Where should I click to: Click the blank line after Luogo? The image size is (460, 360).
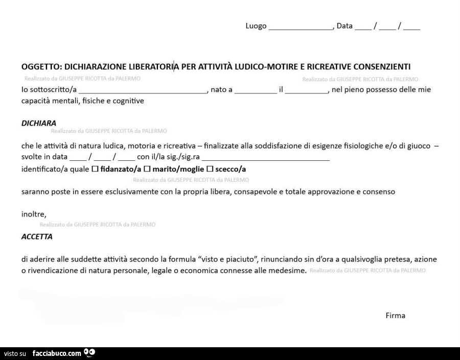click(x=301, y=27)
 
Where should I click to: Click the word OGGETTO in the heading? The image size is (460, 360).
click(x=41, y=66)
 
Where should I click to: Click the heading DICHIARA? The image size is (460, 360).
click(x=39, y=123)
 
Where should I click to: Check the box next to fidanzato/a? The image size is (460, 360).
click(x=94, y=169)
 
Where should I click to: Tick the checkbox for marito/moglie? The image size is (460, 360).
click(x=147, y=169)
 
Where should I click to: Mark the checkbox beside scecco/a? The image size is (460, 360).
click(x=209, y=169)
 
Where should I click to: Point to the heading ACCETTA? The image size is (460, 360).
click(x=37, y=236)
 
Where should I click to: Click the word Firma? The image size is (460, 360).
click(x=395, y=316)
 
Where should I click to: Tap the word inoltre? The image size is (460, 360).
click(x=34, y=214)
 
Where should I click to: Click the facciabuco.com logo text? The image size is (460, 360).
click(x=57, y=353)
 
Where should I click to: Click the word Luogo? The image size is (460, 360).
click(x=256, y=26)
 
